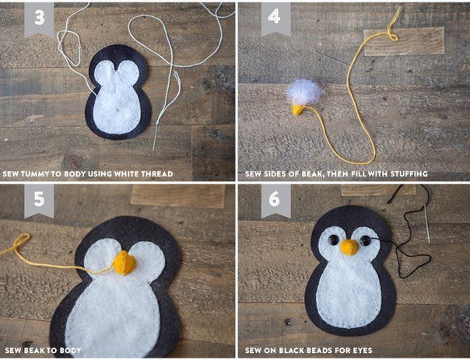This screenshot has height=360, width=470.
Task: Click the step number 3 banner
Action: [39, 19]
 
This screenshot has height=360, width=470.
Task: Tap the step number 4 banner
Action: [275, 19]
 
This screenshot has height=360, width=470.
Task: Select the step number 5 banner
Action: [39, 200]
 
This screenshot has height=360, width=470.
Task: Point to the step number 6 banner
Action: [275, 200]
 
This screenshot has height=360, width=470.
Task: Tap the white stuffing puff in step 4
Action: [304, 92]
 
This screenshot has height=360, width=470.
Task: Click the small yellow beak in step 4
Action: [298, 110]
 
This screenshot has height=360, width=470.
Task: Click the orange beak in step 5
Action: [125, 263]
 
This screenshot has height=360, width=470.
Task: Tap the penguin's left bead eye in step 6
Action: [333, 240]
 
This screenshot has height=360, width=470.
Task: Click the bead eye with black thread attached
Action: [366, 240]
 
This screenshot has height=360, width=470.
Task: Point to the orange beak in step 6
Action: [349, 247]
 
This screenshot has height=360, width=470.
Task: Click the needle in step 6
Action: [427, 224]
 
